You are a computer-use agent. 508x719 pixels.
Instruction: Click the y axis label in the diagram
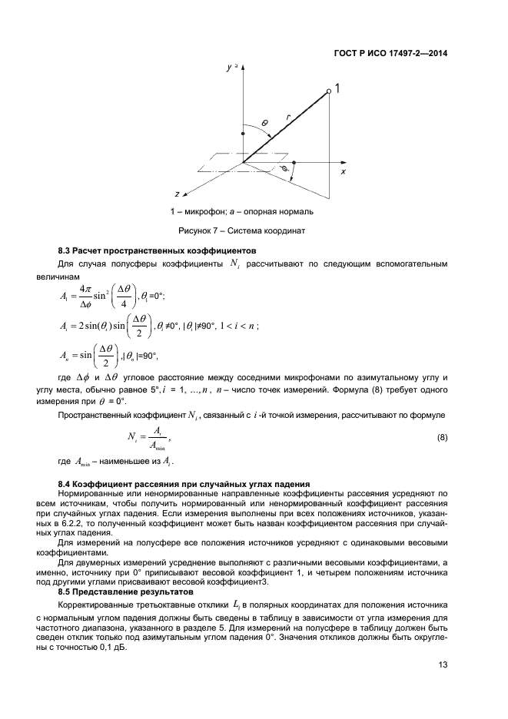(229, 68)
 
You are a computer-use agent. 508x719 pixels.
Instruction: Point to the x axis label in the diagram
(343, 171)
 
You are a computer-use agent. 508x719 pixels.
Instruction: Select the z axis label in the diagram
(178, 193)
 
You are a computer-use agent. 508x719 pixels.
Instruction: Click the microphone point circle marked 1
(329, 91)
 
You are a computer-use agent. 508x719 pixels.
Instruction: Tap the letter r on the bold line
(287, 117)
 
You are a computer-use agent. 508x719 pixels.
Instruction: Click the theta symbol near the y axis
(264, 123)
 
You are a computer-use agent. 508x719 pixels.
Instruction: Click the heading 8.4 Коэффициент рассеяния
(184, 482)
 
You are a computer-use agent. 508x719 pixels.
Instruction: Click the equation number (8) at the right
(442, 438)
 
